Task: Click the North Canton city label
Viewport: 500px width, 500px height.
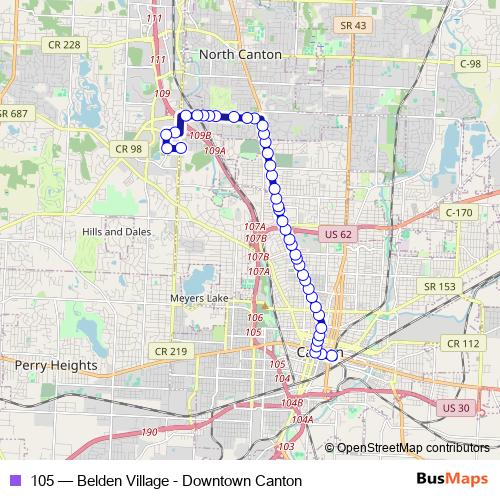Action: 240,54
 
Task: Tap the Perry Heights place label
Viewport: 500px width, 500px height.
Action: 56,366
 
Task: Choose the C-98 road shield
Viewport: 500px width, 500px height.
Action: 471,62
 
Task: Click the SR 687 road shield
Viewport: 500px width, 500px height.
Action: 13,113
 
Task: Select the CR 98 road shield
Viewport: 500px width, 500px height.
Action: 129,149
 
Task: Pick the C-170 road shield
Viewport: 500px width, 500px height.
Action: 458,213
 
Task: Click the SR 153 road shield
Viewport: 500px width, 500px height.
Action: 440,286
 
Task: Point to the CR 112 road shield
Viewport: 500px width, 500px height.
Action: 465,343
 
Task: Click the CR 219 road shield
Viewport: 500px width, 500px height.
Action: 171,351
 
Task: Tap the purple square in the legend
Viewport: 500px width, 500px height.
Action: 14,481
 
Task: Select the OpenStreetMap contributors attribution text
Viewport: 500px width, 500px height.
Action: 413,447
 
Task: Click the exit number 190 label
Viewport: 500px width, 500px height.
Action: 149,431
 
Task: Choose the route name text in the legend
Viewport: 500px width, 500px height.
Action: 166,481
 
